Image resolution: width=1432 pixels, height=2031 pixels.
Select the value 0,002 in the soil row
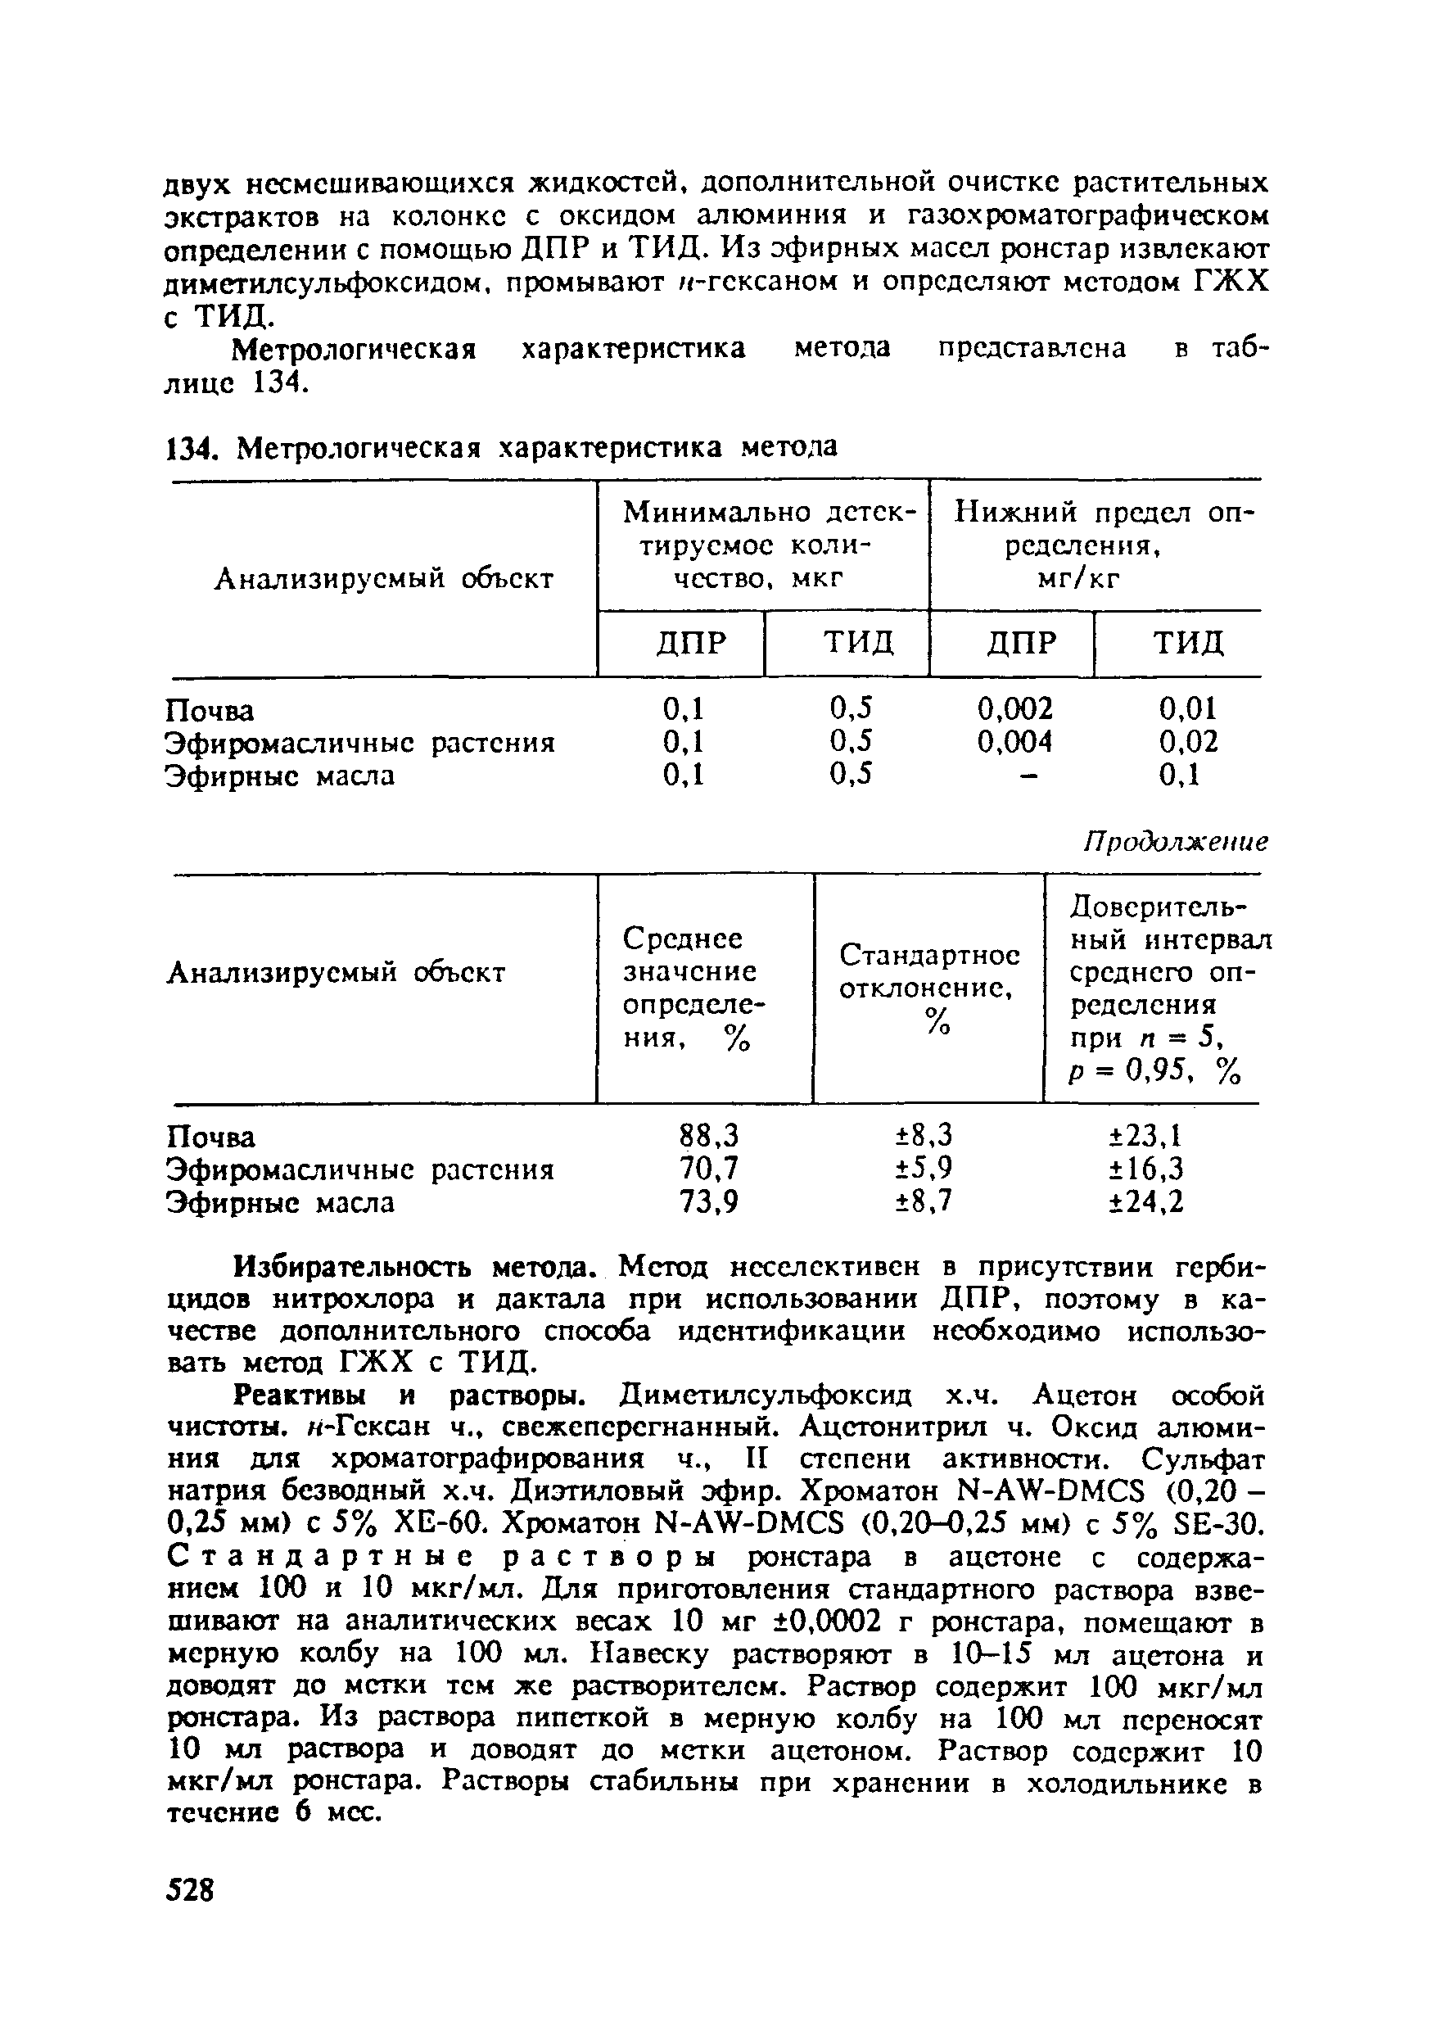pos(1014,708)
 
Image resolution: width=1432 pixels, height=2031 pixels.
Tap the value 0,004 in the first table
pos(1014,741)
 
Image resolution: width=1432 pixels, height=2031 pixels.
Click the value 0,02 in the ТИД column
pos(1188,741)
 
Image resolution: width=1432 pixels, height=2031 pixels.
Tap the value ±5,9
pos(925,1169)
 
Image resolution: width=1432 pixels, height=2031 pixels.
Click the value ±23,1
pos(1146,1135)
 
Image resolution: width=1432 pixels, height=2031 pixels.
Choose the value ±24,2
pos(1146,1202)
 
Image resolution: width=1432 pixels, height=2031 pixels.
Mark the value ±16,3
pos(1146,1169)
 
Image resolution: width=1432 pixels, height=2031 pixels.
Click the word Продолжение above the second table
pos(1176,841)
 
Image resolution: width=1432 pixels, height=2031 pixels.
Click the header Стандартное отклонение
pos(928,970)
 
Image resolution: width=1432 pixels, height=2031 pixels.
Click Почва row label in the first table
pos(210,710)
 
